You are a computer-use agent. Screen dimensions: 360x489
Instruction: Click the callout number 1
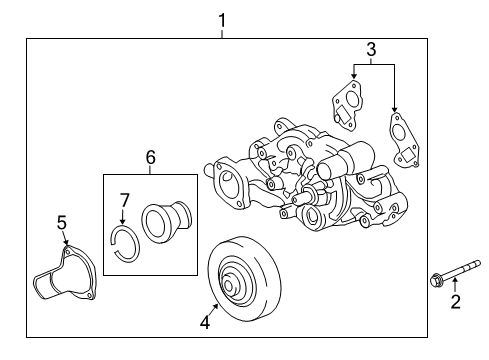coord(222,18)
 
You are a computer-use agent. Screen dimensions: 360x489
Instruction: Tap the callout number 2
coord(456,302)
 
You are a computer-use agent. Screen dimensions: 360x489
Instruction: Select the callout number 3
coord(371,49)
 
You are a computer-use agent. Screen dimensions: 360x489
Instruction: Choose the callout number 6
coord(151,158)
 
